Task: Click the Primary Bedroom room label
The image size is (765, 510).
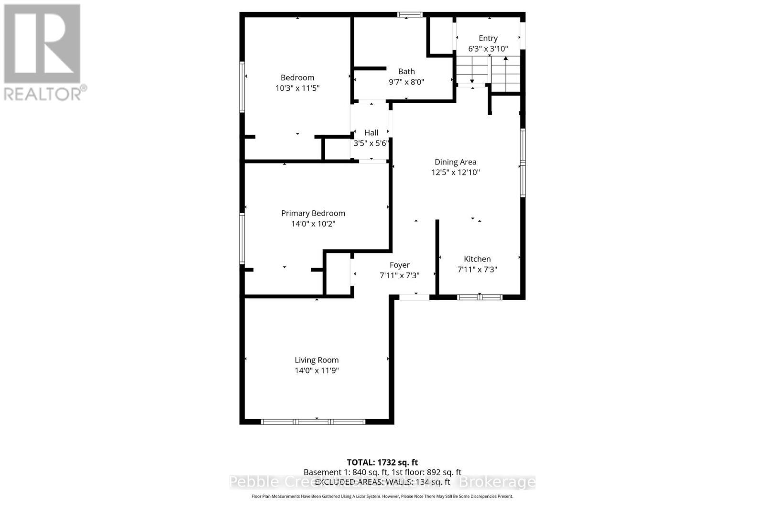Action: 313,213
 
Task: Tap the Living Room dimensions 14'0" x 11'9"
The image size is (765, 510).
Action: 317,370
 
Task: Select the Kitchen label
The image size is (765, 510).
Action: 477,259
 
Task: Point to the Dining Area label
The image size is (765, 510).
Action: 455,162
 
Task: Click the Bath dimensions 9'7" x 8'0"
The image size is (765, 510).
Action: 406,82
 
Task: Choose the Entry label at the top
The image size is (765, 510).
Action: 488,38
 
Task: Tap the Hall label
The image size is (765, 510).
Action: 371,133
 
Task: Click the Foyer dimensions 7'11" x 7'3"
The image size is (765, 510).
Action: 399,275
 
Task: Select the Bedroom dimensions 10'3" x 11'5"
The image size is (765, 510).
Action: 297,88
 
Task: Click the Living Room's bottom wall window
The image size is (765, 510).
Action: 313,422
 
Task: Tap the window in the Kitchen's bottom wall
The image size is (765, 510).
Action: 480,297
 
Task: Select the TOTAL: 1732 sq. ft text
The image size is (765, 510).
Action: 382,462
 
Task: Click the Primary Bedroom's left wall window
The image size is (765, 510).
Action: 242,239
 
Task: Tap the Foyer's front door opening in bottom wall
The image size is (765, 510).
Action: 414,297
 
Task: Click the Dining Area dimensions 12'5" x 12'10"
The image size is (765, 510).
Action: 455,173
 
